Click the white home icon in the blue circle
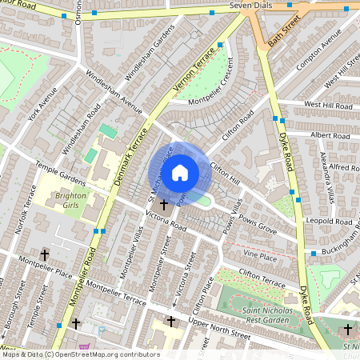(x=180, y=172)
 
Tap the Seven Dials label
(x=253, y=6)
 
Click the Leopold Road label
(x=329, y=221)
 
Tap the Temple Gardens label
(x=60, y=174)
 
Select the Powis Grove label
(x=255, y=230)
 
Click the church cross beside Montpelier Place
(x=44, y=255)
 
